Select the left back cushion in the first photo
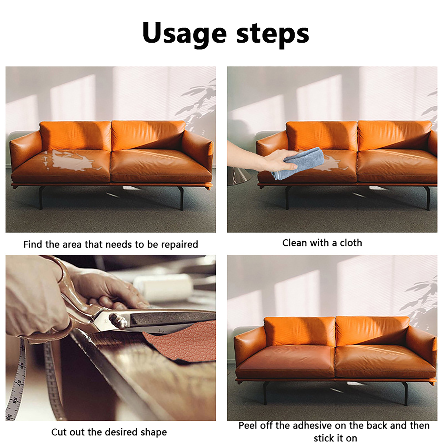click(75, 135)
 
